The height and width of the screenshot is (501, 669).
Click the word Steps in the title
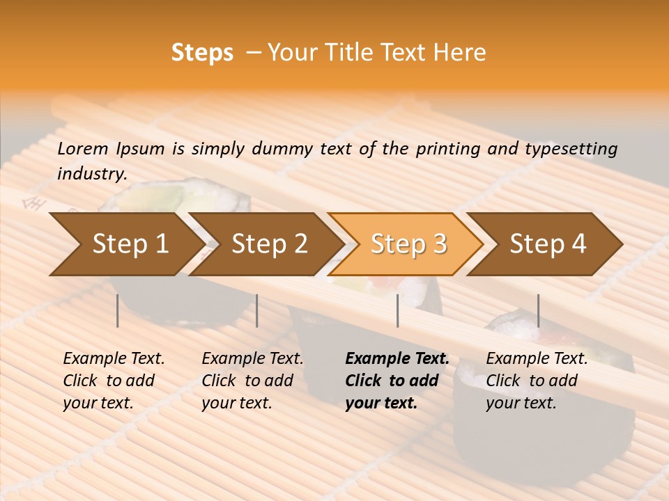point(202,53)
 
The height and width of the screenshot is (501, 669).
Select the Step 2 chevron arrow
point(268,244)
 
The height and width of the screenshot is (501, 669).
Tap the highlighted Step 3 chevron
point(408,244)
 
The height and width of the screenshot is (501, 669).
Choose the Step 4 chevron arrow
point(547,244)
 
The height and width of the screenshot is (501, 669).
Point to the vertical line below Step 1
point(118,310)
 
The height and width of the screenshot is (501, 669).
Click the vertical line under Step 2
point(257,310)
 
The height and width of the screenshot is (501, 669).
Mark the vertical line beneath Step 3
point(397,310)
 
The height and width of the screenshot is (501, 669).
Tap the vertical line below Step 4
point(538,310)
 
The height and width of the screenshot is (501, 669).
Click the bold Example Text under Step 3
point(397,359)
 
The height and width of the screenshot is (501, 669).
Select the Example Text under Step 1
point(114,359)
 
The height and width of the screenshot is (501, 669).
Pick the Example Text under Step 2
point(252,359)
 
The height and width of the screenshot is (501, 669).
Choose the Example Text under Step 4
point(537,359)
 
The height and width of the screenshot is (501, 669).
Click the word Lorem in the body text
point(83,149)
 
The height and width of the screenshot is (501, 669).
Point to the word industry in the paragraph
point(91,174)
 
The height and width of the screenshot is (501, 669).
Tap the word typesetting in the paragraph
point(571,149)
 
